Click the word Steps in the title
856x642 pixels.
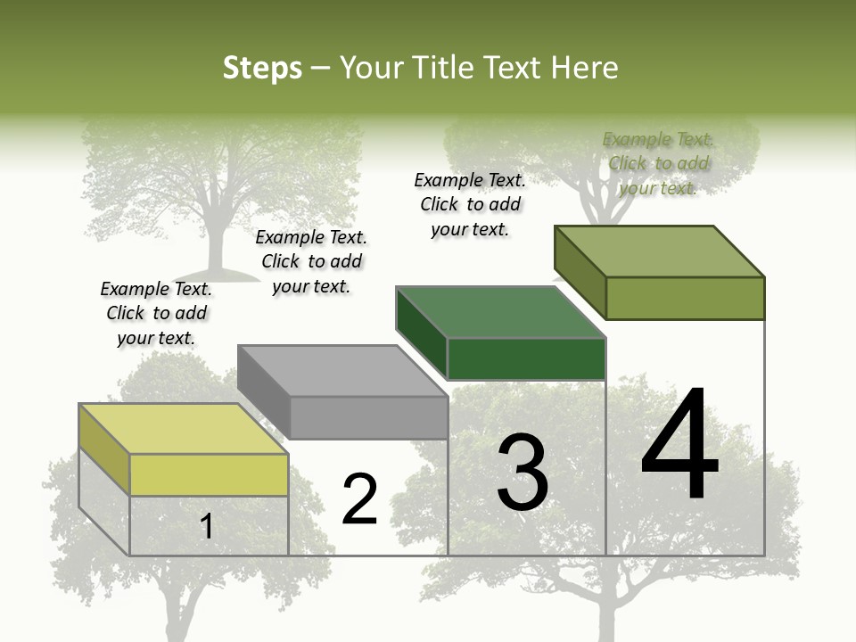262,68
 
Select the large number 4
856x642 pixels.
679,446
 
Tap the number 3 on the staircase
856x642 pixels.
523,473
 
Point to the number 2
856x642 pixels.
360,499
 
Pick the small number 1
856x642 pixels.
207,527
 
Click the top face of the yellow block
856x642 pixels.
183,429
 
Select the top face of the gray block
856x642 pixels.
342,370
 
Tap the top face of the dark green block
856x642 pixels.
500,312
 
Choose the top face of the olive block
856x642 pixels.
659,251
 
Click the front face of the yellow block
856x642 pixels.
209,475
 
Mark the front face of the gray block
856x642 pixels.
368,417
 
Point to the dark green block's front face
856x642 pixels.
526,359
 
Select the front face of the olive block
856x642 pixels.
685,298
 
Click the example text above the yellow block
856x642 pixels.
156,314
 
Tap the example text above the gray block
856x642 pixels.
311,262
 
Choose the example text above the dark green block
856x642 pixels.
470,204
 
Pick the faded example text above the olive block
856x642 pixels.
658,163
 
